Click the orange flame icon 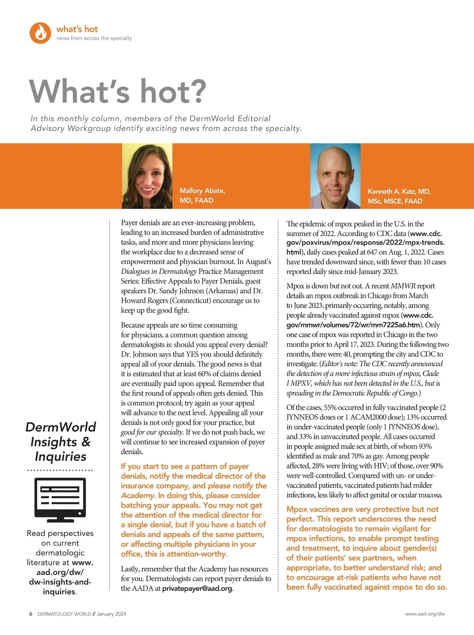[40, 33]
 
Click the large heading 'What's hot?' [118, 91]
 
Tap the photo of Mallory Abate [147, 176]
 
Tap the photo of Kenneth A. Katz [335, 176]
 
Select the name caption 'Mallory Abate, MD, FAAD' [202, 196]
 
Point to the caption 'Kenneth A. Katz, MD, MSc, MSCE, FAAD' [399, 196]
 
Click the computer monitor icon [60, 500]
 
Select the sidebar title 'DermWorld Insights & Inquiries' [60, 442]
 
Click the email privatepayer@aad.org [197, 588]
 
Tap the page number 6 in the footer [31, 614]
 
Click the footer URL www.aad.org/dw [425, 614]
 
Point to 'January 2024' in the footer [111, 614]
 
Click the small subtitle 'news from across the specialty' [94, 38]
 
